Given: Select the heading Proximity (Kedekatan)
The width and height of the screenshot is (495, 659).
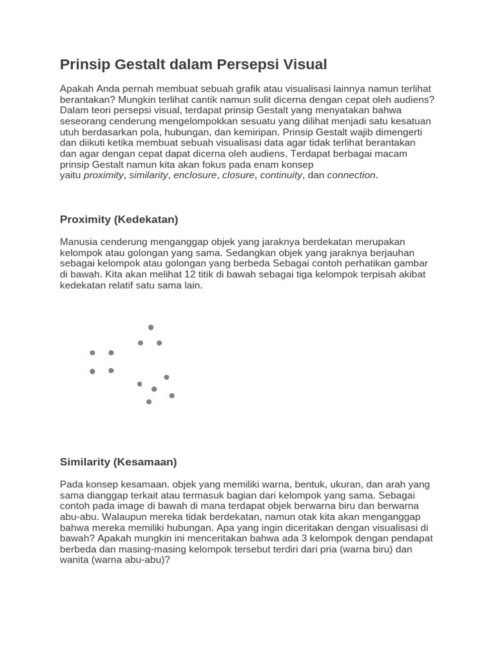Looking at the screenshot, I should (x=119, y=219).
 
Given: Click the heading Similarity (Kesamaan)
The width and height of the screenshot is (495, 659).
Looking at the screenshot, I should (x=118, y=462).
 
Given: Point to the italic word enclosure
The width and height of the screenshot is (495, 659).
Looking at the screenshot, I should (x=195, y=175).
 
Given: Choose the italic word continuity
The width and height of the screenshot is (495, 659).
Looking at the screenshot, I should (x=281, y=175).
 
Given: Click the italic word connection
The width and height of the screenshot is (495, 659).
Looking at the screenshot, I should (x=351, y=175).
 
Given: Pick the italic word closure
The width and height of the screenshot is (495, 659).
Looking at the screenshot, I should (x=238, y=175).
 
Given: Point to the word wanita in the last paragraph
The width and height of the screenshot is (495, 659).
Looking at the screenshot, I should (x=74, y=560).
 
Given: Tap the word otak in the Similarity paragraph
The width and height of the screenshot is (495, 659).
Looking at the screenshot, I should (x=325, y=517).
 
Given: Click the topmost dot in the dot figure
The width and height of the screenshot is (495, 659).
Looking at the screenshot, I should (x=151, y=328).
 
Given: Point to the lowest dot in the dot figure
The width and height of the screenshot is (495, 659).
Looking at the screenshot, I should (x=149, y=402).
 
